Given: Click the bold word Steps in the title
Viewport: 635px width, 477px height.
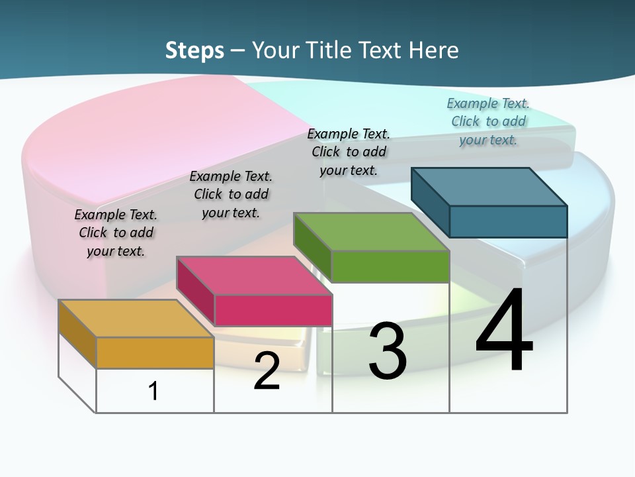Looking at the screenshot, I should click(x=194, y=50).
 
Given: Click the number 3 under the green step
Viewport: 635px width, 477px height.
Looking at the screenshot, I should click(x=388, y=351).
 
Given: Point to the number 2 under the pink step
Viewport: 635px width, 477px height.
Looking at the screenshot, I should click(x=267, y=371).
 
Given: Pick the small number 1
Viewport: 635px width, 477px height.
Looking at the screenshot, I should click(x=153, y=391).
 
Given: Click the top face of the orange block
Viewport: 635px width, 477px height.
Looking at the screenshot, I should click(x=136, y=319).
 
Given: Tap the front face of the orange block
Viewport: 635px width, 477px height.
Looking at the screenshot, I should click(x=155, y=352).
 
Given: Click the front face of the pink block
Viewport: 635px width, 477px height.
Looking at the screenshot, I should click(x=273, y=310).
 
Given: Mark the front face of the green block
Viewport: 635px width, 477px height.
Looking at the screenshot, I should click(x=390, y=266).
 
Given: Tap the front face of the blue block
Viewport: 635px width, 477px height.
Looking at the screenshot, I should click(x=508, y=221).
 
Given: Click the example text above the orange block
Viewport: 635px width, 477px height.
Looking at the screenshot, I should click(x=116, y=233).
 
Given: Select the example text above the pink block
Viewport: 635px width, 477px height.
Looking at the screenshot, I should click(x=231, y=194).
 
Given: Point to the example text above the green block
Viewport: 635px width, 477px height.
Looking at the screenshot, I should click(x=349, y=152).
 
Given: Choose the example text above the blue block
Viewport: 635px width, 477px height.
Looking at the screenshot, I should click(x=488, y=121).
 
